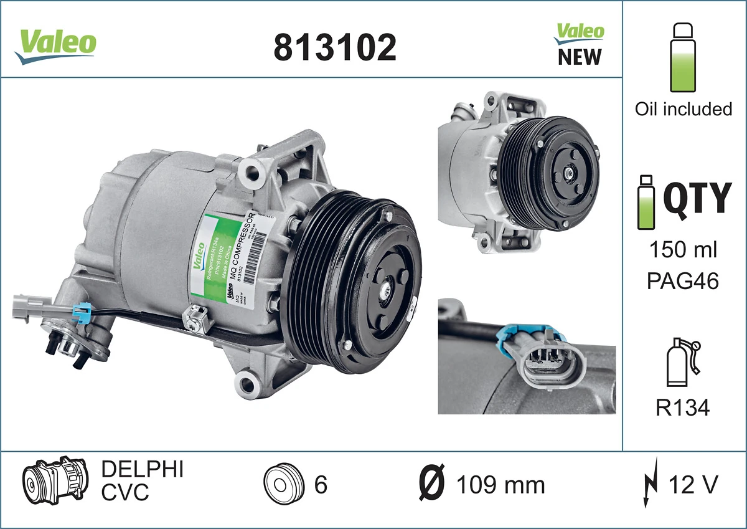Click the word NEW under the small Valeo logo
pyautogui.click(x=580, y=57)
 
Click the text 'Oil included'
pyautogui.click(x=683, y=109)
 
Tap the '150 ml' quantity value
pyautogui.click(x=683, y=250)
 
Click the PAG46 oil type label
pyautogui.click(x=683, y=281)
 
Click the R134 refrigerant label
pyautogui.click(x=683, y=407)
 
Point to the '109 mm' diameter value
pyautogui.click(x=500, y=485)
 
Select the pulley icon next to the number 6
pyautogui.click(x=283, y=484)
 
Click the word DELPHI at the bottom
pyautogui.click(x=142, y=469)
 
